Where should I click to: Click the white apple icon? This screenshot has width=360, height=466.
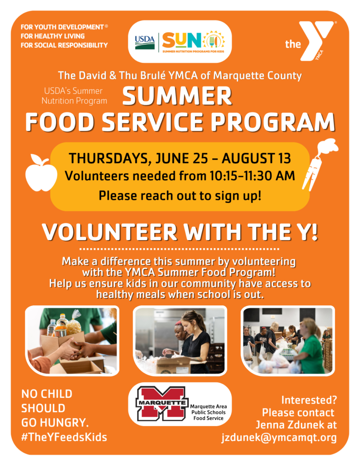pos(41,173)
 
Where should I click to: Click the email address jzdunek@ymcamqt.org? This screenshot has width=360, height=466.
pos(279,437)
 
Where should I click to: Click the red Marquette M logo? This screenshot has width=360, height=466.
pos(162,403)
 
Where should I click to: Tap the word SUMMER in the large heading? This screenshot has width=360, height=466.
pos(177,96)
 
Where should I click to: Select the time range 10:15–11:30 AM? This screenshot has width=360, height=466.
pos(253,176)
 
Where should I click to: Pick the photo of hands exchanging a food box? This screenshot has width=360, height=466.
pos(72,340)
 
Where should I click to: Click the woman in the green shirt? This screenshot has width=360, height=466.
pos(310,347)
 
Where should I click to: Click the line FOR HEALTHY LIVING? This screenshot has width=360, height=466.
pos(53,36)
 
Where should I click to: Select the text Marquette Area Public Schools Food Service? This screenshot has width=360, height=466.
pos(208,412)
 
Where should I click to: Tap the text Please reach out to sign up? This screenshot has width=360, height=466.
pos(180,196)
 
